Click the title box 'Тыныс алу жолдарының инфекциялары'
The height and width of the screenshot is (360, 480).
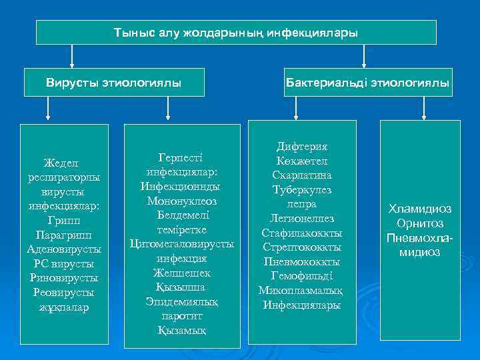coord(236,32)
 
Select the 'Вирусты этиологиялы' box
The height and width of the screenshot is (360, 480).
coord(113,83)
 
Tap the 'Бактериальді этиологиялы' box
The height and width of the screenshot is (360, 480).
coord(368,83)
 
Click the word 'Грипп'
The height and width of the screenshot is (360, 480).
coord(64,221)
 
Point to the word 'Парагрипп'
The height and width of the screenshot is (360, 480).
coord(64,235)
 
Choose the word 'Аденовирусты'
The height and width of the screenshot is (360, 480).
coord(64,249)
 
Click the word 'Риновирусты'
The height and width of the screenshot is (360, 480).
coord(64,278)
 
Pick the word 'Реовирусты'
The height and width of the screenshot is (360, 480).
coord(64,293)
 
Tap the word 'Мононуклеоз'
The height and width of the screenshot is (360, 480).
coord(182,200)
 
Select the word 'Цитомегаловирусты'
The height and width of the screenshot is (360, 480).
coord(182,243)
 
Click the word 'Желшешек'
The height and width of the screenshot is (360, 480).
coord(182,273)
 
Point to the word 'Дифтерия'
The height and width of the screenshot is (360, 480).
coord(302,146)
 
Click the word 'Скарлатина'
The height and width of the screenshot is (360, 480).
coord(302,175)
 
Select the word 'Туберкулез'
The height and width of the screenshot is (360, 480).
coord(302,189)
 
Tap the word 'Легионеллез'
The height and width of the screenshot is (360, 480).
coord(302,219)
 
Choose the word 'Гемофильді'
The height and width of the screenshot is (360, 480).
coord(302,276)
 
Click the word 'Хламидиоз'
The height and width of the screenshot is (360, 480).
coord(420,209)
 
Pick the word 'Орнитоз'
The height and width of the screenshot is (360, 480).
coord(420,223)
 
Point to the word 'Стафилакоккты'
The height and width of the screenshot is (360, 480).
coord(302,233)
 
